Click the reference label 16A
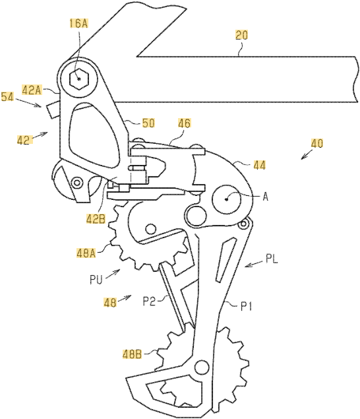click(78, 23)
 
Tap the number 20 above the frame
click(241, 35)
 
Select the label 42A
click(32, 90)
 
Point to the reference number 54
click(7, 96)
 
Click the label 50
click(148, 123)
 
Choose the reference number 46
click(185, 123)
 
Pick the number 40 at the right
click(317, 143)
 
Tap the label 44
click(259, 165)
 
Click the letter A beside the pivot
click(265, 197)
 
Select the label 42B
click(96, 219)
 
